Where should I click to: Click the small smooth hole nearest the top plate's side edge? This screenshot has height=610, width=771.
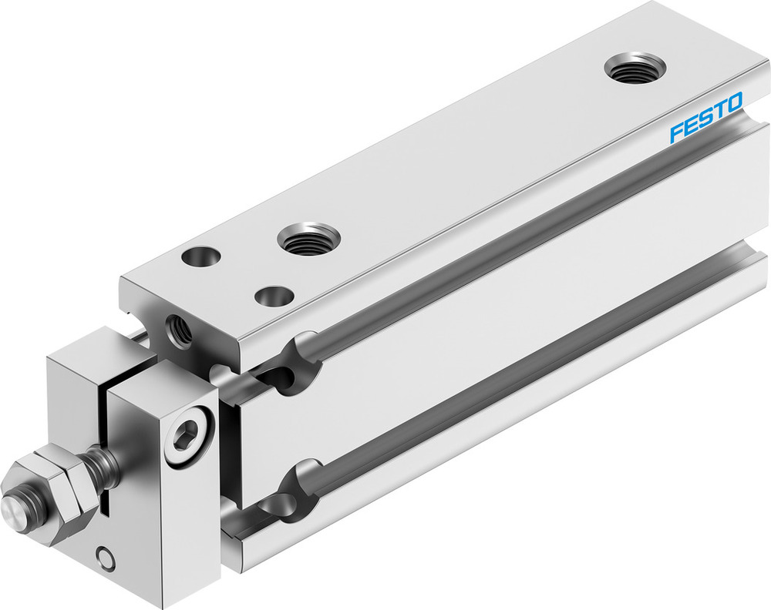274,295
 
